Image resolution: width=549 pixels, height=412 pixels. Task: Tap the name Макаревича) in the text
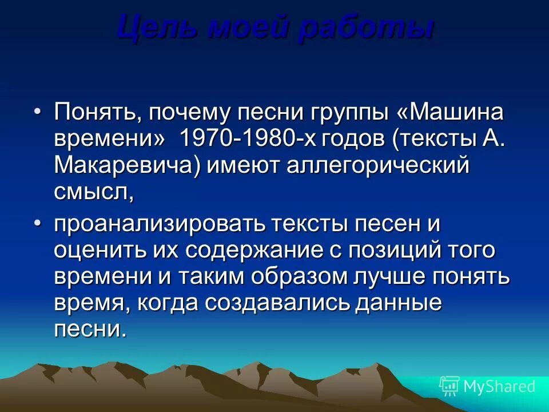[127, 166]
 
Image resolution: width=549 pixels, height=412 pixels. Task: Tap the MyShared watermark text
[499, 386]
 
